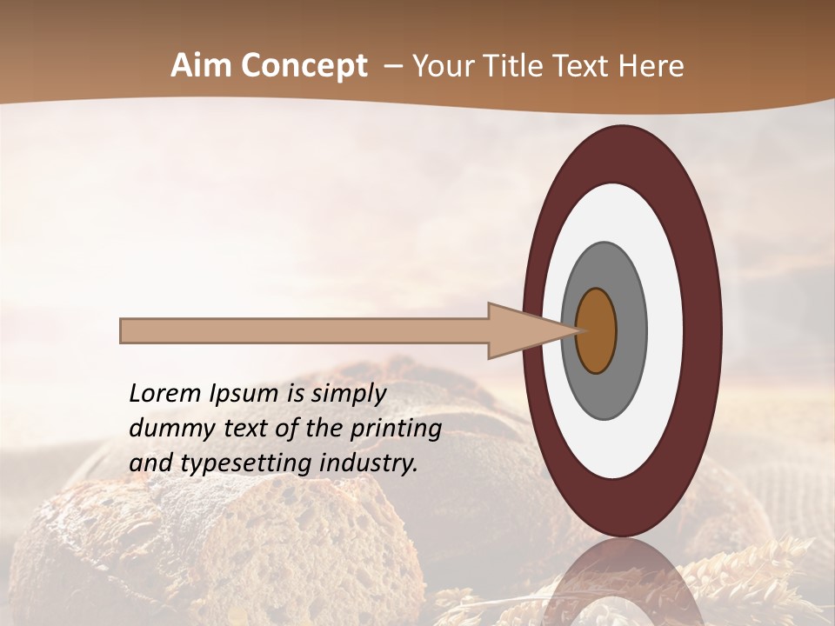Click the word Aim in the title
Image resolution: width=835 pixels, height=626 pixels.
click(201, 66)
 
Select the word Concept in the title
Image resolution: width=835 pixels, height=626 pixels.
click(303, 66)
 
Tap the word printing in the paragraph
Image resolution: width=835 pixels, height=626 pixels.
click(395, 428)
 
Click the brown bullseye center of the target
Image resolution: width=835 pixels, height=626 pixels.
click(596, 331)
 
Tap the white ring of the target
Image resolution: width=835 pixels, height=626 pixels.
click(618, 209)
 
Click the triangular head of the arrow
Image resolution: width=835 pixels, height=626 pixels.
click(522, 331)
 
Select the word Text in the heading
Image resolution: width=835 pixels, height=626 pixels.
click(586, 66)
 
